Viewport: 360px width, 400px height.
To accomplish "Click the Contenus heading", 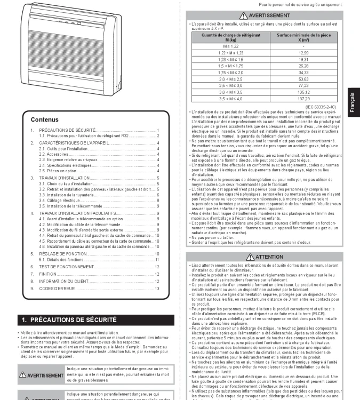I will coord(45,119).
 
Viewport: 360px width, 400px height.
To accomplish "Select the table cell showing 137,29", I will coord(303,99).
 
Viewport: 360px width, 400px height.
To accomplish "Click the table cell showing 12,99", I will coord(303,53).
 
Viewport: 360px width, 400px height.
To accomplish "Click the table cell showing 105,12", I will coord(303,92).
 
